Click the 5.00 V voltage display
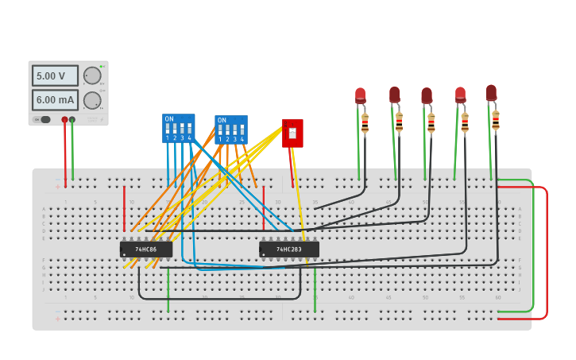55,76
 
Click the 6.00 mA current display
55,100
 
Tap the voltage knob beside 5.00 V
92,75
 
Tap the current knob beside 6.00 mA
92,100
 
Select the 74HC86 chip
146,250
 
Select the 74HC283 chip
289,250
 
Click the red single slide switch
292,133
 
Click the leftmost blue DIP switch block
178,128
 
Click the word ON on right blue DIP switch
222,120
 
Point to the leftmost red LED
360,95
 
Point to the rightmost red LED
491,92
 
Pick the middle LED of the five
427,95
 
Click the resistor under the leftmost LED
365,124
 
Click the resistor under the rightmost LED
496,120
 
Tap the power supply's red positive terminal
65,120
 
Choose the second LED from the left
394,95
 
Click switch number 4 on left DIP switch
189,129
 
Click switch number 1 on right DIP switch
220,130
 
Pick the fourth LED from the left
460,95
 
